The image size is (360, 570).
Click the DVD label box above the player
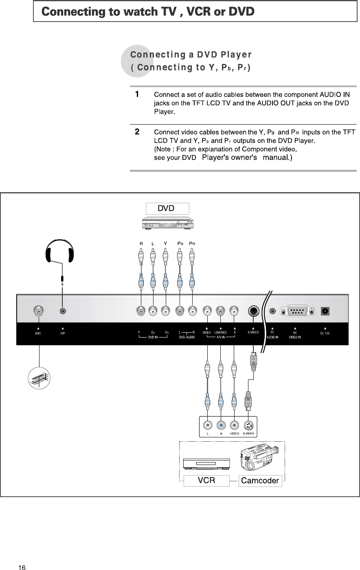[x=167, y=208]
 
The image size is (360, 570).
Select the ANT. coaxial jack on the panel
[x=39, y=311]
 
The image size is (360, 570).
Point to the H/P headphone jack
[x=62, y=311]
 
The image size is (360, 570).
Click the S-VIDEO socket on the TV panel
[x=253, y=311]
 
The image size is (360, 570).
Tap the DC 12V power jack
[x=325, y=311]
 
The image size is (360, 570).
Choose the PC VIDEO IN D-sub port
[x=297, y=311]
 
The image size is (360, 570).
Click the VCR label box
[x=206, y=480]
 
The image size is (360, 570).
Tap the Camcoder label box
[x=260, y=481]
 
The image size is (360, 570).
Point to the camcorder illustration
[x=259, y=458]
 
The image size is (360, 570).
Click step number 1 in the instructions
[x=138, y=94]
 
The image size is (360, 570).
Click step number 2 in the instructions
[x=138, y=132]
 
